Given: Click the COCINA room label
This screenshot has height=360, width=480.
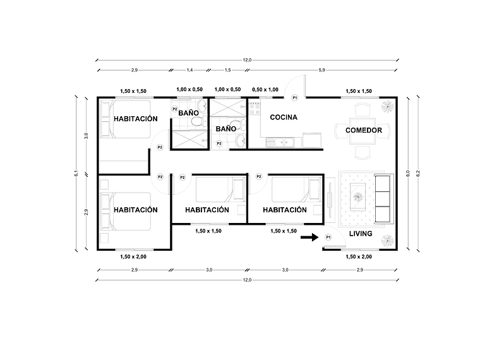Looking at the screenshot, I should pyautogui.click(x=284, y=117).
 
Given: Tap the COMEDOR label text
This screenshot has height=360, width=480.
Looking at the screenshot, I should pyautogui.click(x=363, y=130).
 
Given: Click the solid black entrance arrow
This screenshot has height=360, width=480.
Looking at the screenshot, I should pyautogui.click(x=308, y=237).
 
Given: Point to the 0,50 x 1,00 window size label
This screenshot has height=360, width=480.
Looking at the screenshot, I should pyautogui.click(x=265, y=90).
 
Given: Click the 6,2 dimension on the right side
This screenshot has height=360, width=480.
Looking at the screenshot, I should pyautogui.click(x=417, y=173).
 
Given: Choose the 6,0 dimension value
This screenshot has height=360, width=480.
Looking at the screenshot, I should pyautogui.click(x=408, y=173).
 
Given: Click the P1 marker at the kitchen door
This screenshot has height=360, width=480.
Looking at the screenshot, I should pyautogui.click(x=295, y=98).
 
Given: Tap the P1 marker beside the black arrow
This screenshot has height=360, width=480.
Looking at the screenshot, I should pyautogui.click(x=328, y=237).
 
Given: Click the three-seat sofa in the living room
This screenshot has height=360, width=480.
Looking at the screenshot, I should pyautogui.click(x=383, y=198).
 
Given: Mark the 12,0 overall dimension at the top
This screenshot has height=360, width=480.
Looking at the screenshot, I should pyautogui.click(x=246, y=59).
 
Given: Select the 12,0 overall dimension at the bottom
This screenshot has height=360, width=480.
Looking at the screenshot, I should pyautogui.click(x=246, y=279).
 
